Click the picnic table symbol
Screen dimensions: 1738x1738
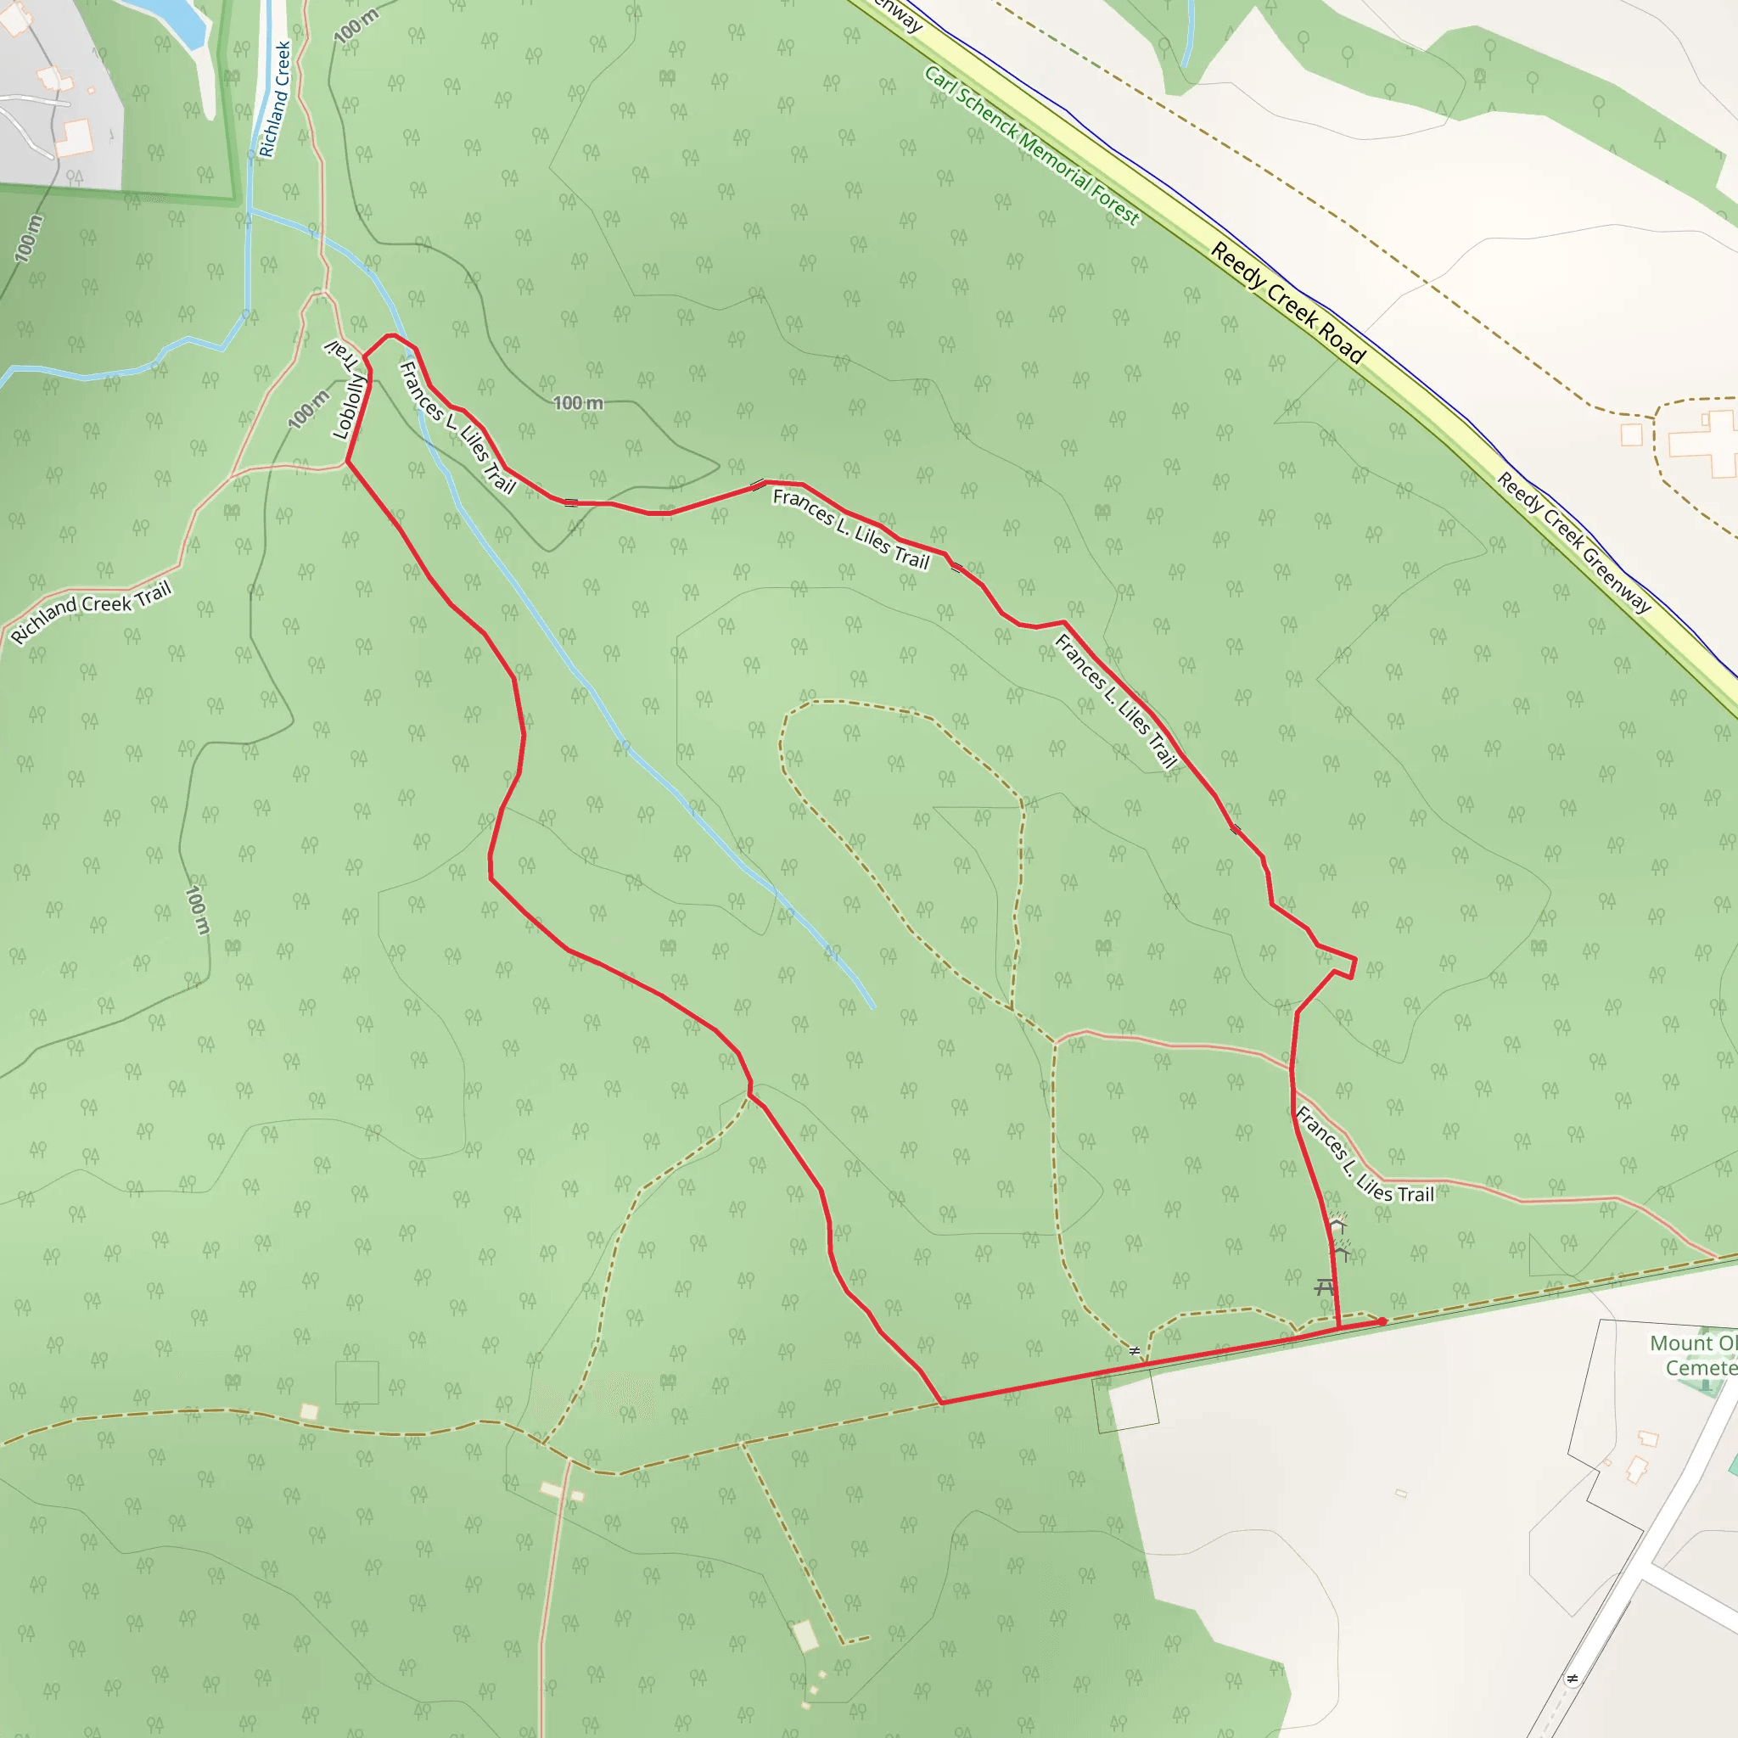coord(1323,1287)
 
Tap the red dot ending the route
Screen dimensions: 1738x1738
coord(1382,1321)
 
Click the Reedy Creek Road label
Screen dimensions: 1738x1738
coord(1288,303)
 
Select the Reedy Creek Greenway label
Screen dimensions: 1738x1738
coord(1573,543)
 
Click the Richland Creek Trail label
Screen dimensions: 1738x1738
coord(91,613)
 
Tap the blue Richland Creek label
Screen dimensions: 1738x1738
coord(275,99)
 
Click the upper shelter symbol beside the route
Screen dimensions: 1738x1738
coord(1337,1225)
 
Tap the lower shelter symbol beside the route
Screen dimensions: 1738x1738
coord(1340,1252)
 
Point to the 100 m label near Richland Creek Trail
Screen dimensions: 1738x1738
coord(309,409)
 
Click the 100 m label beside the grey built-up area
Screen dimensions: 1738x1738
coord(29,238)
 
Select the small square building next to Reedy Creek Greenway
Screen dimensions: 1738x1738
coord(1631,434)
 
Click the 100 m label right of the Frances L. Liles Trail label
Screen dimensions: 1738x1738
coord(578,403)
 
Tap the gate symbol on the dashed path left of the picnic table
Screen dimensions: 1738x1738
coord(1135,1350)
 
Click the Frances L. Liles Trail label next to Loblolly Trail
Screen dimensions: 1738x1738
coord(457,429)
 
